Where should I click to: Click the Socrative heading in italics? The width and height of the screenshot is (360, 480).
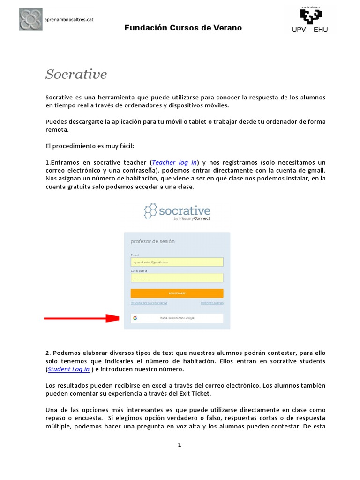click(76, 74)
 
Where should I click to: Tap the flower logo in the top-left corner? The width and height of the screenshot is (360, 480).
click(30, 19)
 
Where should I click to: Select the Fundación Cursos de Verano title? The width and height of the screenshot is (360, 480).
click(183, 28)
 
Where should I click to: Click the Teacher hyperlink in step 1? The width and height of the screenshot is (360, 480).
click(164, 162)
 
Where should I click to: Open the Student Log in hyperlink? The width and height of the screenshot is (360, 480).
click(68, 369)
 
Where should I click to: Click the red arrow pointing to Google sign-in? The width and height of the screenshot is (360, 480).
click(82, 318)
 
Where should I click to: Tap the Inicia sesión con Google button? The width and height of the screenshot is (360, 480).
click(177, 318)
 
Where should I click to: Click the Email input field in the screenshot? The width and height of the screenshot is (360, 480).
click(177, 262)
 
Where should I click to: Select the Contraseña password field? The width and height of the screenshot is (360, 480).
click(177, 277)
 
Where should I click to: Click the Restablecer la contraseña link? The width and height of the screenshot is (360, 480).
click(149, 303)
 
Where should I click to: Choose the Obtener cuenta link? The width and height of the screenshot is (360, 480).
click(212, 303)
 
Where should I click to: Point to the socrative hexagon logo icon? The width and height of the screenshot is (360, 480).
click(150, 211)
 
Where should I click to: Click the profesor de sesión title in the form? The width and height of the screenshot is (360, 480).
click(152, 241)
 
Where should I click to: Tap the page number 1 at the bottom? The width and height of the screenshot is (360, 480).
click(180, 445)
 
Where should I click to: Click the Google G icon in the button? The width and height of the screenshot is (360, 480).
click(135, 318)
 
